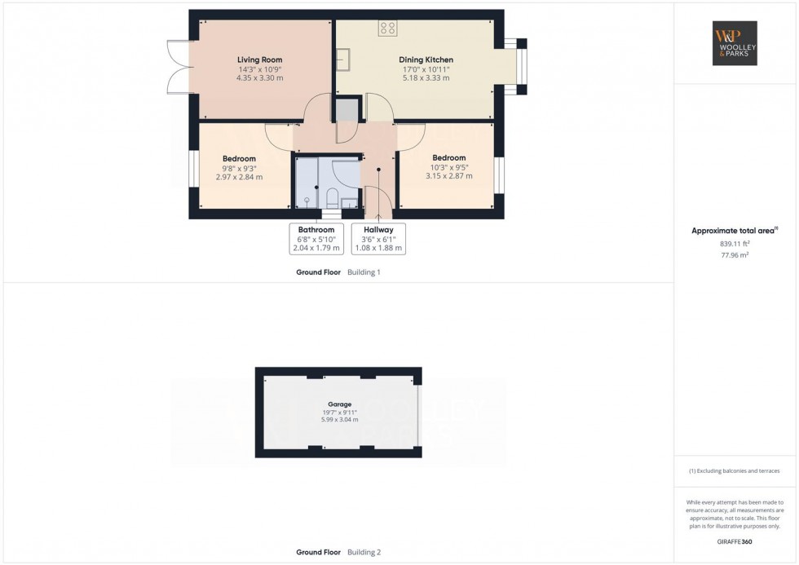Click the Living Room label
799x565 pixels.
click(x=259, y=60)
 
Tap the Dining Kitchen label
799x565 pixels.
click(x=426, y=60)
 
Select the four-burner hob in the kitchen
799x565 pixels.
click(x=388, y=28)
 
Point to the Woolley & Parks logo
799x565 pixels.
click(x=735, y=43)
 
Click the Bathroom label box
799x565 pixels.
click(x=316, y=238)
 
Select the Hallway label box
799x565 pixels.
click(x=378, y=238)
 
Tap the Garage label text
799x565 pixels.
click(x=339, y=404)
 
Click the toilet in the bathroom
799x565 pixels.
click(x=332, y=198)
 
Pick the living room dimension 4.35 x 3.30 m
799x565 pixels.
click(x=259, y=78)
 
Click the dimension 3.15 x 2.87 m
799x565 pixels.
click(x=449, y=176)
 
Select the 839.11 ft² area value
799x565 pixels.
click(x=735, y=244)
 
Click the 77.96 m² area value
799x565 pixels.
click(x=735, y=255)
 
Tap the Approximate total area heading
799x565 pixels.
click(x=735, y=230)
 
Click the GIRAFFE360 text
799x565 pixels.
click(x=735, y=541)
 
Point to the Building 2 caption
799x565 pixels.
click(x=364, y=552)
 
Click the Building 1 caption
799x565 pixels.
click(x=364, y=272)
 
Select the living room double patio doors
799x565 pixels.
click(x=179, y=67)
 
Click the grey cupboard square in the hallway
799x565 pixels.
click(x=347, y=109)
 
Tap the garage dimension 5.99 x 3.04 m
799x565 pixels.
click(x=339, y=420)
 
